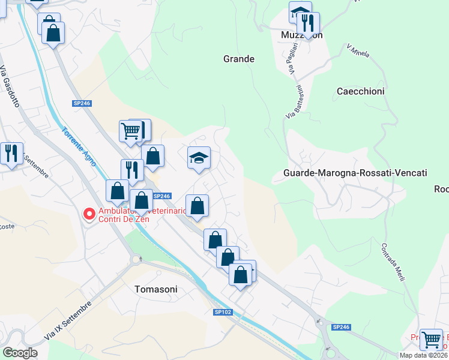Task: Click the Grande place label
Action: coord(239,59)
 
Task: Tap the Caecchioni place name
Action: coord(360,91)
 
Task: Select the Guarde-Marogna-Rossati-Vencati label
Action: coord(355,173)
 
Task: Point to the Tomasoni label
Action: coord(156,289)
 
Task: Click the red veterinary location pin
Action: coord(89,214)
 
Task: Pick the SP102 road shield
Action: coord(222,312)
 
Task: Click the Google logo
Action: coord(20,352)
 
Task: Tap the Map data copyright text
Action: coord(423,355)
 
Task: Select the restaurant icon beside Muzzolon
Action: coord(309,23)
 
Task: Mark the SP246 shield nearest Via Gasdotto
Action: coord(82,103)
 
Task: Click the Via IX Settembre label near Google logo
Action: coord(65,321)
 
